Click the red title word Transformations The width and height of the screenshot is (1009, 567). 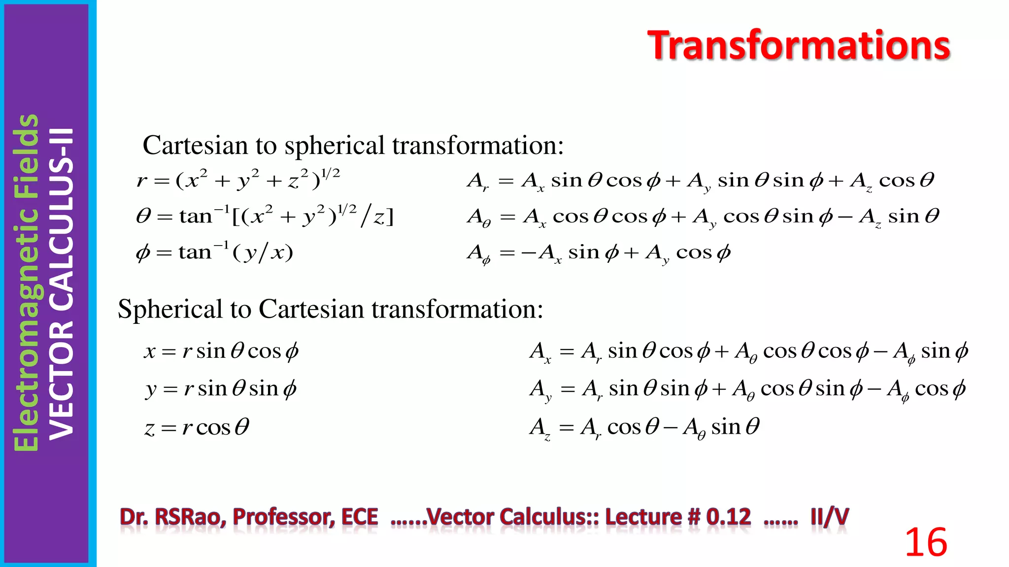(798, 45)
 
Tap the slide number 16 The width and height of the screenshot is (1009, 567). (926, 542)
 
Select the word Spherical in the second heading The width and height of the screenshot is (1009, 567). (170, 310)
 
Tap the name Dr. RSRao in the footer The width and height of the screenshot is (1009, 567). (172, 517)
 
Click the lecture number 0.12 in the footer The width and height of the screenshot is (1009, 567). (728, 517)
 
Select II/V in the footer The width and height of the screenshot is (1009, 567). (830, 517)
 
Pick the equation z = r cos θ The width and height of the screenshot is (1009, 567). (197, 427)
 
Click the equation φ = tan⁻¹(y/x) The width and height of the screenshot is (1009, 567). (214, 252)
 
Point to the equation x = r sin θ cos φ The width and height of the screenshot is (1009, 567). (221, 351)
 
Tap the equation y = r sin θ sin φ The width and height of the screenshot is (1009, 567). (221, 389)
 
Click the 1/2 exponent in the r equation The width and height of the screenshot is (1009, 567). (330, 174)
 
